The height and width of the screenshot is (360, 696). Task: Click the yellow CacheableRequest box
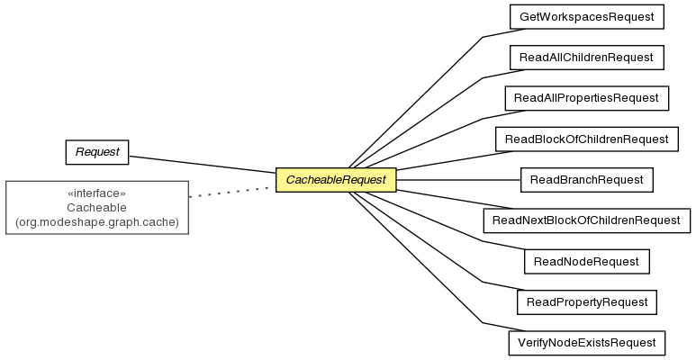click(336, 180)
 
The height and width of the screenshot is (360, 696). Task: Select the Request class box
click(97, 152)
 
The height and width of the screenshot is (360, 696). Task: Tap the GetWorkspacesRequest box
click(587, 17)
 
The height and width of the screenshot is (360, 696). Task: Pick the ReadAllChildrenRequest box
click(587, 58)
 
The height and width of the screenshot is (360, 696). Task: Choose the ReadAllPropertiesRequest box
click(587, 98)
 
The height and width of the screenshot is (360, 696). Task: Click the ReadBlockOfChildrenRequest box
click(587, 139)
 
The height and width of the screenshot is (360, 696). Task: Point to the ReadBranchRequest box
click(587, 180)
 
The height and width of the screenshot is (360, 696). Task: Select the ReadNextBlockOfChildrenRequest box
click(587, 220)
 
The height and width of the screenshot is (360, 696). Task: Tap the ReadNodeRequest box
click(587, 262)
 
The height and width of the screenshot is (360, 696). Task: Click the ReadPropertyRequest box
click(587, 302)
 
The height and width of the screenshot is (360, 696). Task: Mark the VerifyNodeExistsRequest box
click(587, 343)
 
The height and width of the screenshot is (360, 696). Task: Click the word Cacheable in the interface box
click(96, 208)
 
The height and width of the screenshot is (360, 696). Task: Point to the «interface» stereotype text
click(96, 193)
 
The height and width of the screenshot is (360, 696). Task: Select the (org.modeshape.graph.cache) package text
click(96, 222)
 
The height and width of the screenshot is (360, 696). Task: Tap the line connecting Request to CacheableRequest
click(202, 164)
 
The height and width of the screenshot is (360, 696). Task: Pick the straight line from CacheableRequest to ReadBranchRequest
click(458, 180)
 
